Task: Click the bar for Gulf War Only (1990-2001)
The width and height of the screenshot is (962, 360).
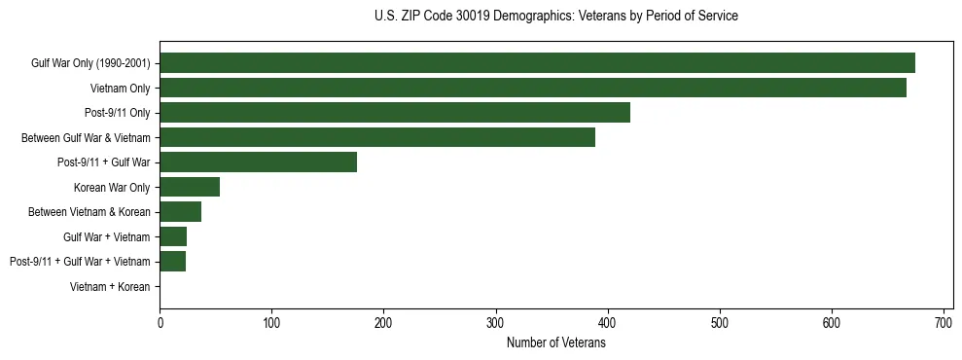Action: [537, 63]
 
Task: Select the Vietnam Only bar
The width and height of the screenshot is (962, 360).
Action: [533, 88]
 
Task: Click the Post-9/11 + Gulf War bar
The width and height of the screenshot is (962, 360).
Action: [258, 162]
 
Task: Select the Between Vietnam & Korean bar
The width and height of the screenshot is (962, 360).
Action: [180, 212]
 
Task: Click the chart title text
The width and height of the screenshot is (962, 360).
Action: [555, 17]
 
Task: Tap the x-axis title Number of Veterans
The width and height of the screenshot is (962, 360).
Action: [555, 342]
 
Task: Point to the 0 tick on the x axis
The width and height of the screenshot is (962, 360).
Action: [160, 321]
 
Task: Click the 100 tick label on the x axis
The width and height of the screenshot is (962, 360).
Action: [271, 321]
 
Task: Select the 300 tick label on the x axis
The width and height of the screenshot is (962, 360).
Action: [496, 321]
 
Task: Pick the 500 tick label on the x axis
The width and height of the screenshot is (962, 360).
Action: [720, 321]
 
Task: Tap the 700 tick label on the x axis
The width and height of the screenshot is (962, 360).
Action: [944, 321]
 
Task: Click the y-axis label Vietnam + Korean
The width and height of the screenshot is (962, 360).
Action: [110, 287]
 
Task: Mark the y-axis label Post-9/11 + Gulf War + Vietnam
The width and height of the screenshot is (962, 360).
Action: [80, 262]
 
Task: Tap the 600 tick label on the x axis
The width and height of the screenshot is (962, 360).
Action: [832, 321]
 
